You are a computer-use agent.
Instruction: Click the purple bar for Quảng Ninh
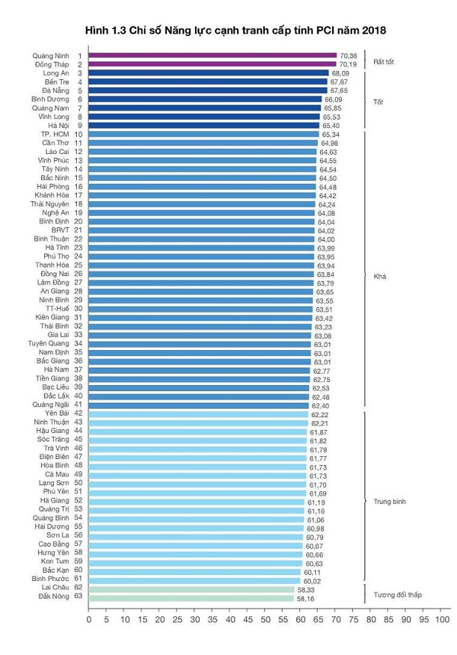[x=213, y=56]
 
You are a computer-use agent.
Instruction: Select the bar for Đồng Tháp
[x=213, y=64]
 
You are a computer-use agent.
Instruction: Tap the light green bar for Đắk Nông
[x=191, y=599]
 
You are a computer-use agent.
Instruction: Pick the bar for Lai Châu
[x=191, y=589]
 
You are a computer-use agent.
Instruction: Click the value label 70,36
[x=348, y=56]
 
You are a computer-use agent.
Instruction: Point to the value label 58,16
[x=305, y=599]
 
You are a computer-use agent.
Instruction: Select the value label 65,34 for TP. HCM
[x=330, y=134]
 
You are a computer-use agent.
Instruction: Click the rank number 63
[x=78, y=599]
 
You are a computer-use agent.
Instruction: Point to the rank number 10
[x=78, y=134]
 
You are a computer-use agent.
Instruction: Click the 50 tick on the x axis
[x=265, y=620]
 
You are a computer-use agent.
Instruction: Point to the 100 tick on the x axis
[x=440, y=620]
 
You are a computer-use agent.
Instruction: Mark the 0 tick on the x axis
[x=89, y=620]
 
